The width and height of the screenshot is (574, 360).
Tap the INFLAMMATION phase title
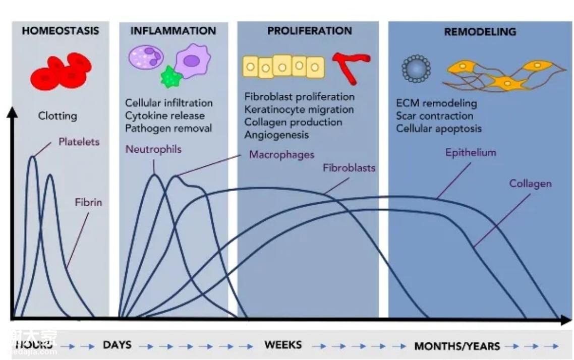[173, 31]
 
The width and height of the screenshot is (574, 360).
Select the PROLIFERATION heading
[309, 31]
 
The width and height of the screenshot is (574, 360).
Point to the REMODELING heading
[480, 32]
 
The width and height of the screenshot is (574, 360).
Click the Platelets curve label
[79, 142]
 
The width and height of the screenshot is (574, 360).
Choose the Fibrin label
[88, 203]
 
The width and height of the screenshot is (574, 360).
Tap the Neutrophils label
[153, 149]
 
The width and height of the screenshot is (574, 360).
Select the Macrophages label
[281, 154]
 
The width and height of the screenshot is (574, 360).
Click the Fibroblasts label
[349, 168]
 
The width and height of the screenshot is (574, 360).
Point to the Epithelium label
[471, 152]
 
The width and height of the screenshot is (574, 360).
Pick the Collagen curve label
[530, 184]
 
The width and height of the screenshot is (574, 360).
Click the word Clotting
[58, 116]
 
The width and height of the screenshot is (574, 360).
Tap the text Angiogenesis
[276, 135]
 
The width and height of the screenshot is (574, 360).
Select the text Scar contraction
[434, 116]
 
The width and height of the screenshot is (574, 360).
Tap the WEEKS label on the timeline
[283, 345]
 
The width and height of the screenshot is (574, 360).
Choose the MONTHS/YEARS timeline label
[457, 346]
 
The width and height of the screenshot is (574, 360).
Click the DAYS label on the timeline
[117, 345]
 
